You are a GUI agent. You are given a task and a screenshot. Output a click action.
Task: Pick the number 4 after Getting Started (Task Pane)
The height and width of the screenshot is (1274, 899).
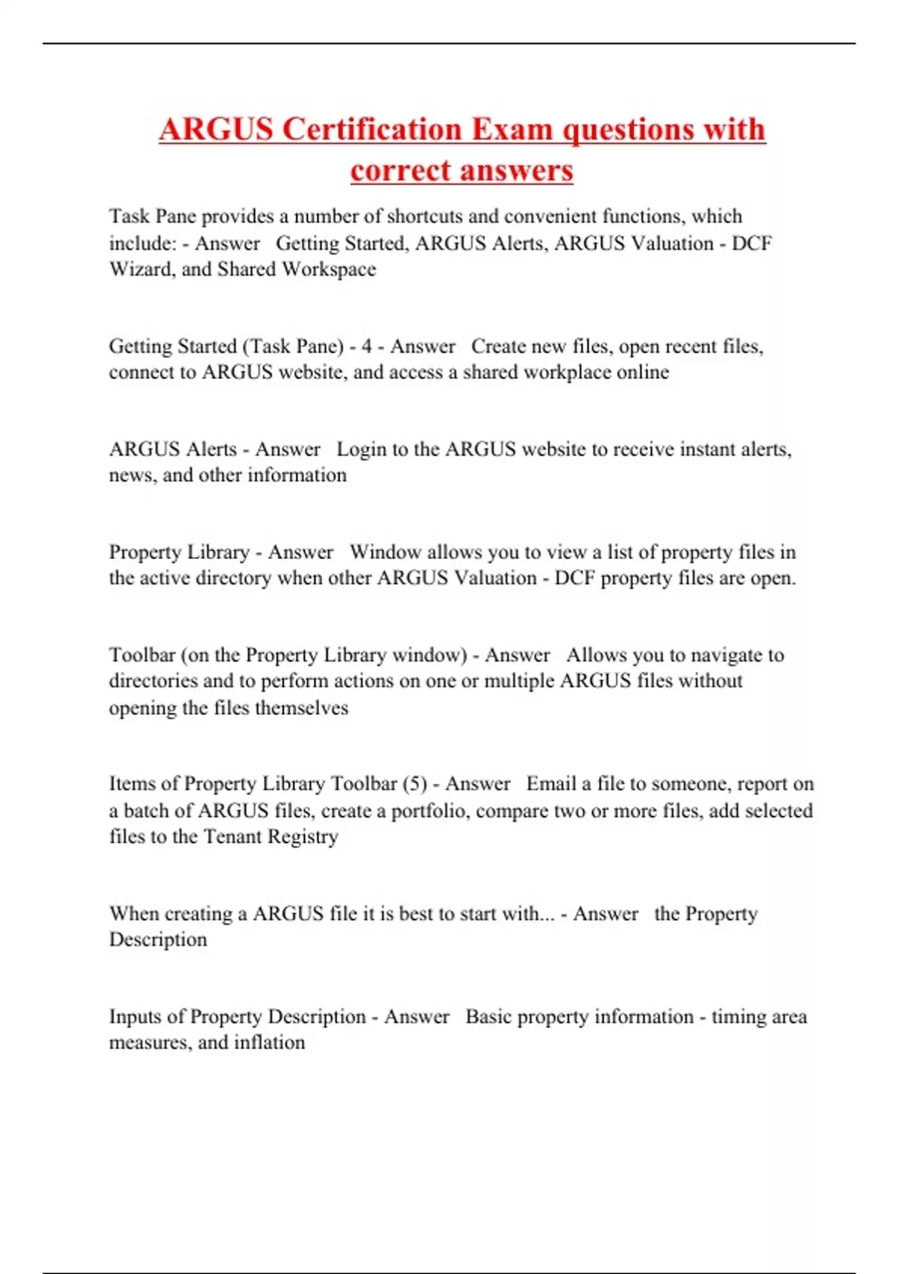[366, 346]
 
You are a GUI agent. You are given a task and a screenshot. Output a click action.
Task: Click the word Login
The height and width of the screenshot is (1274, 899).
[361, 450]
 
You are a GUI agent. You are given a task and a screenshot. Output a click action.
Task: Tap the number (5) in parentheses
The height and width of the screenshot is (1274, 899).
[414, 784]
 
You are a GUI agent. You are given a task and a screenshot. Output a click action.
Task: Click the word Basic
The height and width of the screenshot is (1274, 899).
[488, 1017]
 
